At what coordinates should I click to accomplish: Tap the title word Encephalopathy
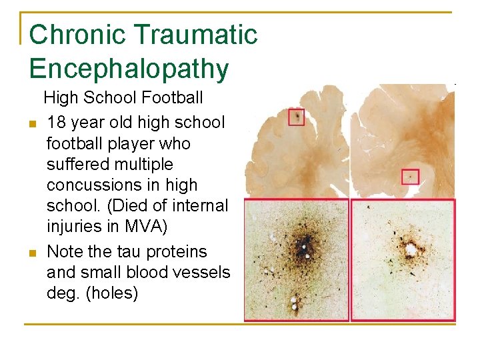129,69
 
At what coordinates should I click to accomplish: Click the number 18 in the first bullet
57,123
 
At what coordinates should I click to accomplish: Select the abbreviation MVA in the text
143,227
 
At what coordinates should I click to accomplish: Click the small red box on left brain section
297,117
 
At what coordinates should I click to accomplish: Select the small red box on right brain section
410,177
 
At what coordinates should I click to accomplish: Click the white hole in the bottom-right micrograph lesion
411,251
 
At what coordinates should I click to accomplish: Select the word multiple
143,164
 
